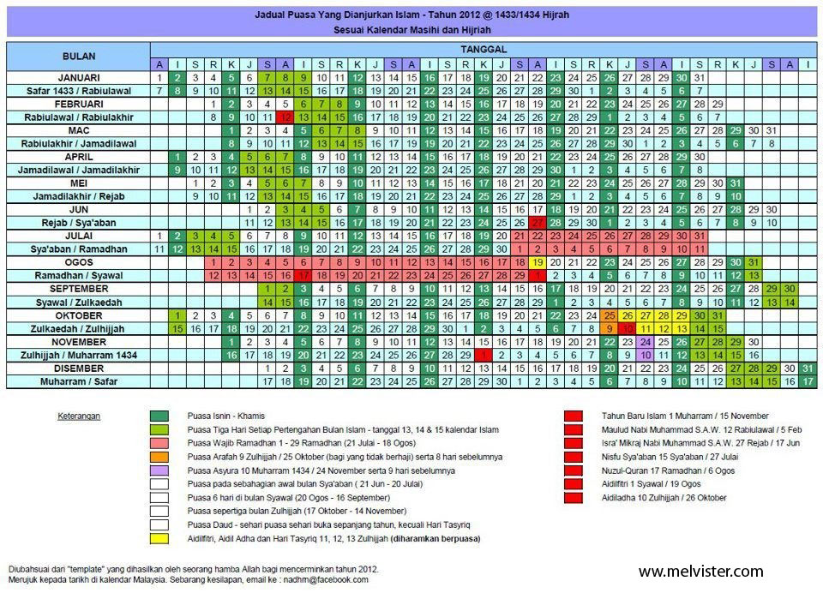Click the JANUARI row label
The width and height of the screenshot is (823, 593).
click(79, 77)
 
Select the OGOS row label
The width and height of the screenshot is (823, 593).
click(79, 261)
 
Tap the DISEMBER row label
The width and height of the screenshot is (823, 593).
click(79, 368)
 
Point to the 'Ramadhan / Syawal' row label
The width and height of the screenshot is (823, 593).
click(79, 275)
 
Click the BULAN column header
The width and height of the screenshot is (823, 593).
click(79, 57)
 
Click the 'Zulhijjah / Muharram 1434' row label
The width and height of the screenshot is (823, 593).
click(79, 355)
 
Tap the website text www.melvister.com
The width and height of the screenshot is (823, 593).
click(700, 572)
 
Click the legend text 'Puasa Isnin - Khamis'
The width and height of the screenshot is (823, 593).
click(227, 416)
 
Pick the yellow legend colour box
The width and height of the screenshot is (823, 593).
click(157, 539)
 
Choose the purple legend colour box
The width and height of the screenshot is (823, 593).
click(157, 470)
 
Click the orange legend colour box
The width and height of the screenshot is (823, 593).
click(157, 457)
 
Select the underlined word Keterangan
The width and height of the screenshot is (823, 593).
click(79, 416)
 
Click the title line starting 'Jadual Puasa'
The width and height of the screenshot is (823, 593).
click(411, 15)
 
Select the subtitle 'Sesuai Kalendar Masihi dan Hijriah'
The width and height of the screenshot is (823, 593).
click(411, 29)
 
